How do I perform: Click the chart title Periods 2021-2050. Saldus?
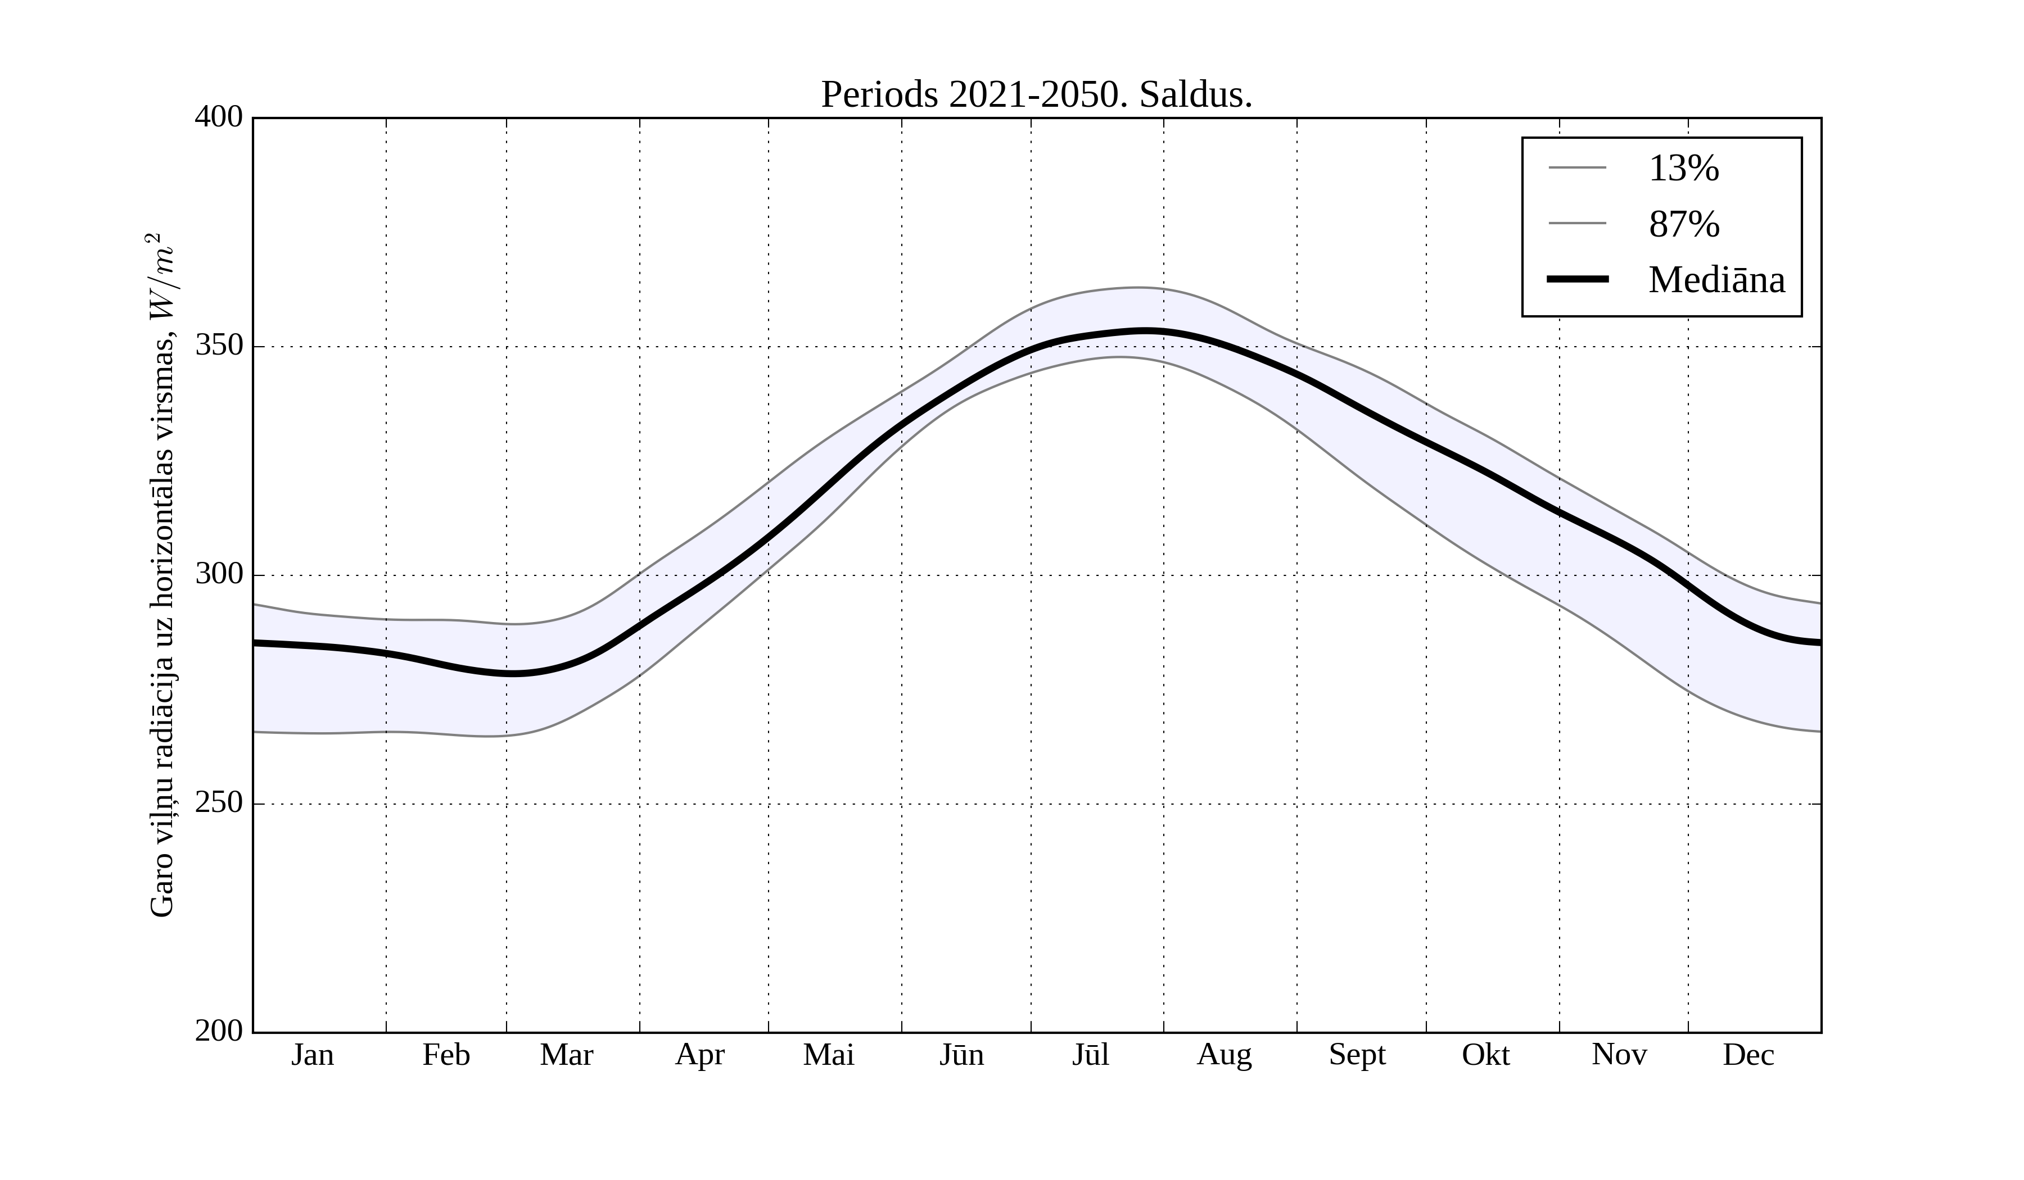pos(1036,96)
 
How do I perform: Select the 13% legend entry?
pos(1683,169)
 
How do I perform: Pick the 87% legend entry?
pos(1683,224)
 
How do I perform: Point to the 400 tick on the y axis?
pos(219,118)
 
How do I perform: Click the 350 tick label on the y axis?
pos(219,347)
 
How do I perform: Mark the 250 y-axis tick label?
pos(219,804)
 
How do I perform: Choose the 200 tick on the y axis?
pos(219,1032)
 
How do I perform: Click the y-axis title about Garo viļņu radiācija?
pos(162,575)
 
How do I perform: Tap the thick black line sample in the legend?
pos(1578,279)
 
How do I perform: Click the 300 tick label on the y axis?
pos(219,575)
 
